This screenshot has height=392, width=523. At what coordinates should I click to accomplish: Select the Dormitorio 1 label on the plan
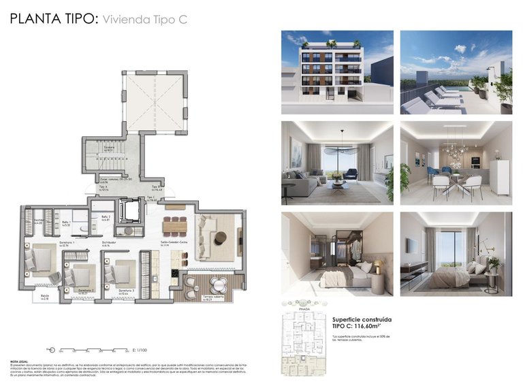tap(66, 244)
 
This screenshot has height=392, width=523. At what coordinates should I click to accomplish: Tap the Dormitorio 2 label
tap(85, 291)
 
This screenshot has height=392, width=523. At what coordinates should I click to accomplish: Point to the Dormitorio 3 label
tap(126, 291)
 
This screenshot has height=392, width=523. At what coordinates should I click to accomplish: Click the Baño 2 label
tap(105, 218)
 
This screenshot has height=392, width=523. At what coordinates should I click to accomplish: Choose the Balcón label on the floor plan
tap(44, 297)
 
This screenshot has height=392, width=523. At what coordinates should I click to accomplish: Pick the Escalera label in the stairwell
tap(108, 147)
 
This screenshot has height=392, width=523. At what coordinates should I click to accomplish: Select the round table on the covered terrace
tap(217, 284)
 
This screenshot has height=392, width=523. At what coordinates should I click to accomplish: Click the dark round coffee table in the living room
tap(220, 238)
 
